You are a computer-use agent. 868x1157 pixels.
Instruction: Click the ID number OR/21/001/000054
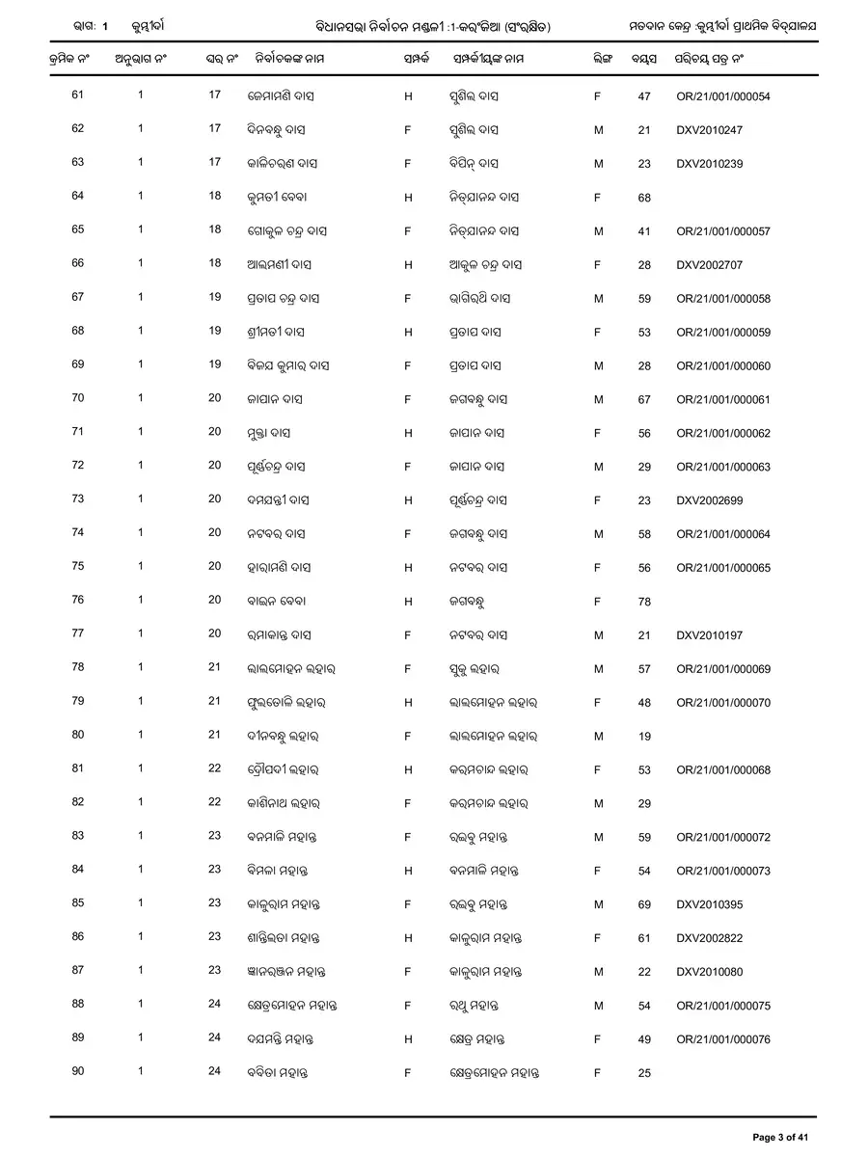tap(722, 96)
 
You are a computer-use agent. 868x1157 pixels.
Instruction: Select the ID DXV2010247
tap(710, 130)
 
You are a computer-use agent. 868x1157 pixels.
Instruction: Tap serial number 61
tap(78, 95)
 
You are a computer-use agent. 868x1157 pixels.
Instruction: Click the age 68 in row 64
tap(644, 198)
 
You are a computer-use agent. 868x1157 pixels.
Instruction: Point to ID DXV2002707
tap(710, 265)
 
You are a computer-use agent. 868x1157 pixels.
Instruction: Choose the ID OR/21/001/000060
tap(722, 366)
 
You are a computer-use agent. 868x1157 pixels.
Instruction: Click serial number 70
tap(78, 398)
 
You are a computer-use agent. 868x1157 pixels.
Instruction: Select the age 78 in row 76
tap(644, 603)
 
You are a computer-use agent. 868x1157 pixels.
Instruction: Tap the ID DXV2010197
tap(710, 636)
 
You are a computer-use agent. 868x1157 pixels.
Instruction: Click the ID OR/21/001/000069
tap(722, 669)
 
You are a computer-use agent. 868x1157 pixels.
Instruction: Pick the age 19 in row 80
tap(644, 737)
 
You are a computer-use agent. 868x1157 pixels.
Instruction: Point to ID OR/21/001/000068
tap(722, 770)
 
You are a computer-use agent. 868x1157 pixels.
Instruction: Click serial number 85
tap(78, 903)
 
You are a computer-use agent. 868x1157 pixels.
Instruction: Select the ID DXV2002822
tap(710, 938)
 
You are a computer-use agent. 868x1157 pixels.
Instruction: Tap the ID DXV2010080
tap(710, 972)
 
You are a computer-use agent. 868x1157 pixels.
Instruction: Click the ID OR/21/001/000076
tap(722, 1039)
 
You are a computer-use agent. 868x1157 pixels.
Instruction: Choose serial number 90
tap(78, 1071)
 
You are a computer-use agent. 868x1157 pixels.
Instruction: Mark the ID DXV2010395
tap(710, 904)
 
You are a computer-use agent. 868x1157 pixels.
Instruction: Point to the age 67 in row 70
tap(644, 400)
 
